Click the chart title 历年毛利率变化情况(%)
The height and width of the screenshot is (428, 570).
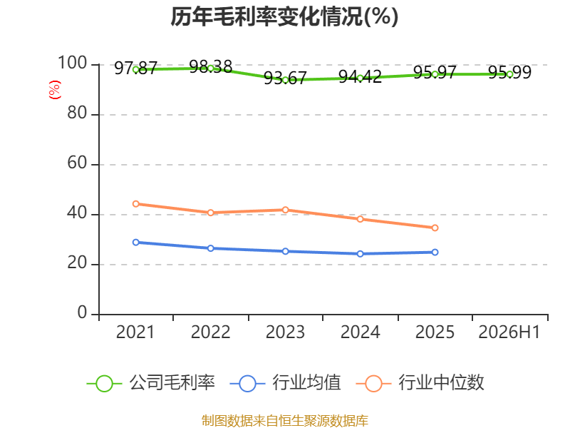click(284, 16)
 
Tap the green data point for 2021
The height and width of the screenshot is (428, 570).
click(136, 69)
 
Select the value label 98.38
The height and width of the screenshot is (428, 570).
click(210, 66)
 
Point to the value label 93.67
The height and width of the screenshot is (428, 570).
click(286, 78)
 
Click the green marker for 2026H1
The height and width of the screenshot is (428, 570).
click(509, 74)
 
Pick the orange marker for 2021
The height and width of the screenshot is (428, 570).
click(136, 204)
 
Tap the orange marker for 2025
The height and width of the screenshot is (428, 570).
click(435, 228)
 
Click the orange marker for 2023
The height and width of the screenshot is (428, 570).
click(286, 210)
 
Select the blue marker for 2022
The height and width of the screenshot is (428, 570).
click(210, 248)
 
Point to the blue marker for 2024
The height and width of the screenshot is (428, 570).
click(361, 254)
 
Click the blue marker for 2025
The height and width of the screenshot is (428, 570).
click(435, 253)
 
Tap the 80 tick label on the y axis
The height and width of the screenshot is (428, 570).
click(77, 113)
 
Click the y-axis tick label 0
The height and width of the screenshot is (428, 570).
click(82, 312)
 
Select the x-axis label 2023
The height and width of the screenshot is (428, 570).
click(286, 332)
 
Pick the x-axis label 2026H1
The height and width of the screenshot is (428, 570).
click(509, 332)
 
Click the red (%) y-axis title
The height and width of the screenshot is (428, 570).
click(55, 90)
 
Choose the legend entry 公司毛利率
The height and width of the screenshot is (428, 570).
click(151, 383)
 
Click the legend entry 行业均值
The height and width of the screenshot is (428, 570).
click(286, 383)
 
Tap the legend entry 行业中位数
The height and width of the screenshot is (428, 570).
click(420, 383)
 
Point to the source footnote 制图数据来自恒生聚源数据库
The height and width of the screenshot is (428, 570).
click(285, 421)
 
